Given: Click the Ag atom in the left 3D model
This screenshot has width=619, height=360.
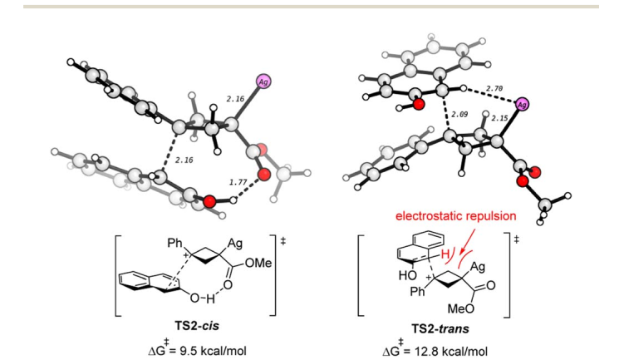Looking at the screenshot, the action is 263,81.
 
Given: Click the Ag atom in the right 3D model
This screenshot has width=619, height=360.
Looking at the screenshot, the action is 522,104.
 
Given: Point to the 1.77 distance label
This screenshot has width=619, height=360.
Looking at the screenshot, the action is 238,182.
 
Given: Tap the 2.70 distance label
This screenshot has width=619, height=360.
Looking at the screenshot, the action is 494,89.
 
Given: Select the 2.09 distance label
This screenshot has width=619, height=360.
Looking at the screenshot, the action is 459,114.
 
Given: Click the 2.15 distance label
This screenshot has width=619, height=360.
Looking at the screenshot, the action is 500,118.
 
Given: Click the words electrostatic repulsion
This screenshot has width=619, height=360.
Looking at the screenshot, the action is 455,216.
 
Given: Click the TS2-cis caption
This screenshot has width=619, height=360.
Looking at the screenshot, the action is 197,326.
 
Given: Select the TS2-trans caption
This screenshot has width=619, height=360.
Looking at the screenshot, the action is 440,328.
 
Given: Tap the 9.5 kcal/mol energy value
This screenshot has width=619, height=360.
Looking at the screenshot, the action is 214,351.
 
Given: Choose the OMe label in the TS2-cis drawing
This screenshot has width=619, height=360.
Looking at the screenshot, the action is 258,263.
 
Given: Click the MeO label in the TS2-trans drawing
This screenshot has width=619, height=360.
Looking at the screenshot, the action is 460,308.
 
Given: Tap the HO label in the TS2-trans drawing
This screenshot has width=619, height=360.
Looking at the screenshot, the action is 407,275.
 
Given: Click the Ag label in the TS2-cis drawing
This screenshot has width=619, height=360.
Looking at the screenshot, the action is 235,244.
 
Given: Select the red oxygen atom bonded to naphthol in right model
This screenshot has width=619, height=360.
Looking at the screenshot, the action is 419,104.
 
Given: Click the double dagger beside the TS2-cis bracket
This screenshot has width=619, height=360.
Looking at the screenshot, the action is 282,240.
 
